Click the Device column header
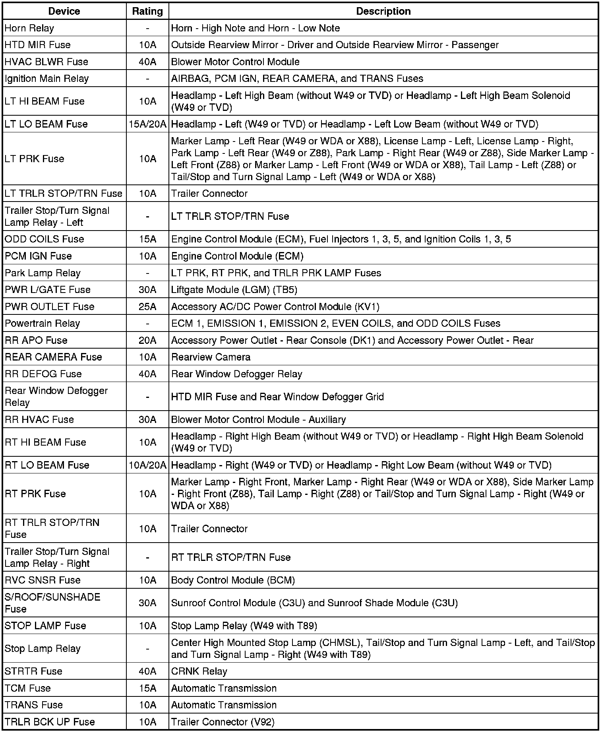[x=64, y=11]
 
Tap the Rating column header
[x=147, y=11]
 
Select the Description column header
[x=383, y=11]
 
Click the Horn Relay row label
[x=29, y=28]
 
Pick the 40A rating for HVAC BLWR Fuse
[x=147, y=62]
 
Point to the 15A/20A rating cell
[x=147, y=124]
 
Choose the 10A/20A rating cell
[x=147, y=465]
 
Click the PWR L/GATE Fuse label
[x=48, y=290]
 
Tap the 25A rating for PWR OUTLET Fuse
[x=147, y=307]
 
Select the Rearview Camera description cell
[x=211, y=357]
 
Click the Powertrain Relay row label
[x=43, y=324]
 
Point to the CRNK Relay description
[x=199, y=671]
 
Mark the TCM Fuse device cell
[x=28, y=688]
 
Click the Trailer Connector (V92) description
[x=223, y=722]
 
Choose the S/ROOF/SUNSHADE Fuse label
[x=52, y=603]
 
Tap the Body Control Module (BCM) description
[x=233, y=580]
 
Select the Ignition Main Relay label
[x=46, y=79]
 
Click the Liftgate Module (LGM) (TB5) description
[x=234, y=290]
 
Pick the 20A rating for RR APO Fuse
[x=147, y=340]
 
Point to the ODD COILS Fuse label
[x=45, y=239]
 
